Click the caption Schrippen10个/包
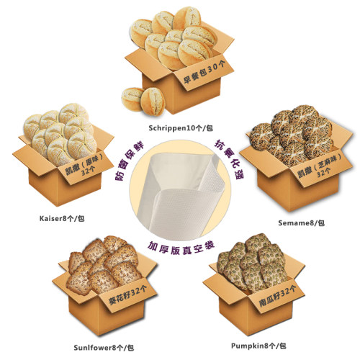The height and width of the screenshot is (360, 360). coord(181,128)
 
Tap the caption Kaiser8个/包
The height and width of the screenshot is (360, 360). coord(62,218)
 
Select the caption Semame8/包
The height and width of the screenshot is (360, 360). coord(302,223)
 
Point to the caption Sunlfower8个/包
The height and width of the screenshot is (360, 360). coord(104,348)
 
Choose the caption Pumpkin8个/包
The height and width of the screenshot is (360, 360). coord(258,346)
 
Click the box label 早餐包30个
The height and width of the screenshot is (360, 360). coord(204,71)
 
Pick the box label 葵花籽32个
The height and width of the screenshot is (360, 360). coord(127,294)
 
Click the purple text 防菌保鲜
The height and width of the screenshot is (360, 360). coord(128,160)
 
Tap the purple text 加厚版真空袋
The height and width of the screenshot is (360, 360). coord(181,248)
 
